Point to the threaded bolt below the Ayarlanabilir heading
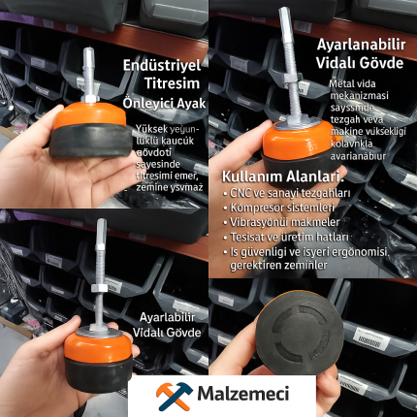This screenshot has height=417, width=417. (289, 68)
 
